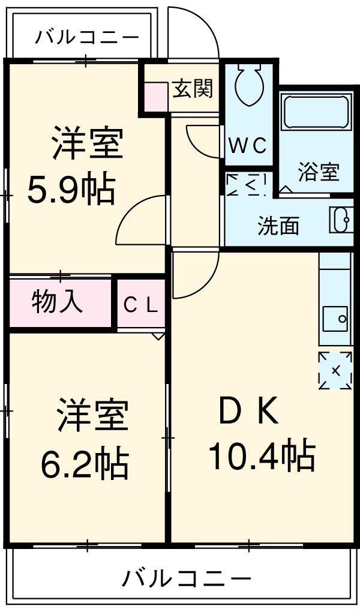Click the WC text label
[x=247, y=146]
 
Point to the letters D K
[x=248, y=412]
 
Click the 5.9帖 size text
[x=70, y=190]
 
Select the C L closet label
[x=140, y=305]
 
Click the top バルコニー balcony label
[x=86, y=37]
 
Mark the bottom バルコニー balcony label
[x=186, y=579]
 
